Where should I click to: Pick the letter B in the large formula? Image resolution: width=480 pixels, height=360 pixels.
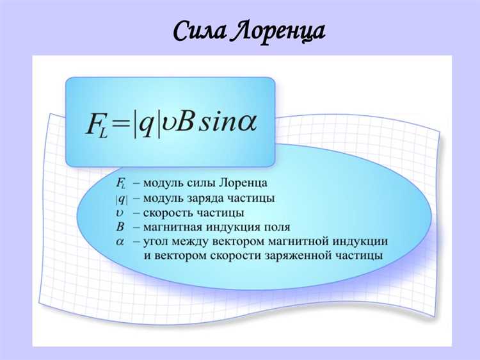(x=185, y=122)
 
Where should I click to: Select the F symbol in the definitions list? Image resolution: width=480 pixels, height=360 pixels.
(x=121, y=184)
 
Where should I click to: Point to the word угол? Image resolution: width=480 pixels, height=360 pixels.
(x=157, y=241)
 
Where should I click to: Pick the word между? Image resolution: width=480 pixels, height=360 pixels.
(x=195, y=241)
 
